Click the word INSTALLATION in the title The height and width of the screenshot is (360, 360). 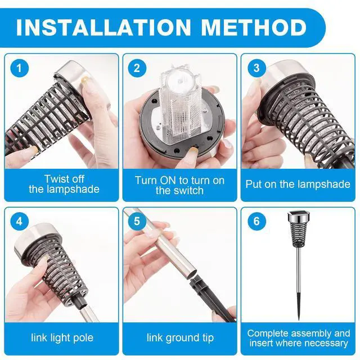point(103,28)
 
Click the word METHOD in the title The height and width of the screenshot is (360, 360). point(254,28)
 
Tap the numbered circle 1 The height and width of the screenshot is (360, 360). point(20,68)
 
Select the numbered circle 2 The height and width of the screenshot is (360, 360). point(137,68)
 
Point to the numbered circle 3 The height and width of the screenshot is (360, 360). point(256,68)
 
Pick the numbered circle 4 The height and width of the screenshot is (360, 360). point(20,221)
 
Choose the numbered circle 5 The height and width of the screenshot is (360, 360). point(137,221)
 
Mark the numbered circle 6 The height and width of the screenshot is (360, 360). point(256,221)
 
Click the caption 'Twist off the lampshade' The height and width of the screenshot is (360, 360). point(64,184)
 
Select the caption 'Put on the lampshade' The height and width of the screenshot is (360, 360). point(298,184)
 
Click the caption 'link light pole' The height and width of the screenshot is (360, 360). point(62,337)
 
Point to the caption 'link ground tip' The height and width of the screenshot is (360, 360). point(180,337)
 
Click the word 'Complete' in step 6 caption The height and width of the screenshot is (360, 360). point(270,334)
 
